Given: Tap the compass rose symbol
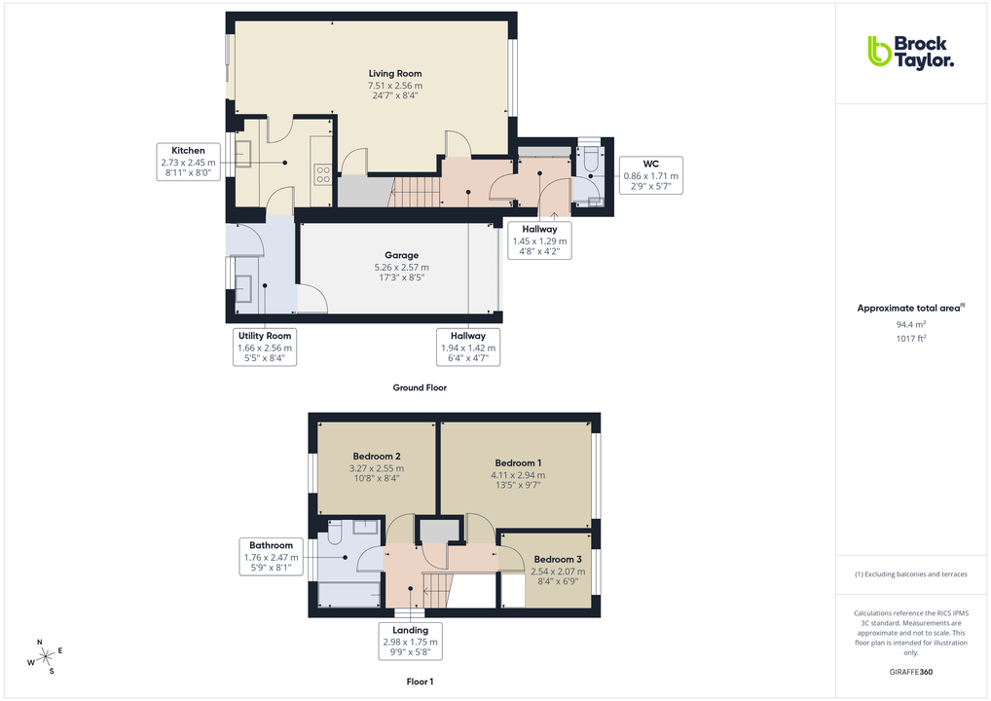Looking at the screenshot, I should pos(46,656).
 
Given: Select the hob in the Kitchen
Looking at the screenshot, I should pos(323,174).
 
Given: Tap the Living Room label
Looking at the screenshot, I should pos(395,73).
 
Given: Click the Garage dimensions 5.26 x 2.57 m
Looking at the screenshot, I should pos(401,267).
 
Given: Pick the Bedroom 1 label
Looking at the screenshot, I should pos(518,462).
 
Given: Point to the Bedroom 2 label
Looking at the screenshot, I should pos(377,456).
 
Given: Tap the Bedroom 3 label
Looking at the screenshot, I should pos(558,559).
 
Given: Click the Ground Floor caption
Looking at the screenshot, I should pos(420,387).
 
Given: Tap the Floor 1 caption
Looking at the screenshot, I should pos(420,683).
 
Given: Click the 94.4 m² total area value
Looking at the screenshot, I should pos(910,324).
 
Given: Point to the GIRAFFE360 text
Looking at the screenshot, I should pos(910,672).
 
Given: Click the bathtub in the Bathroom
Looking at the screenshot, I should pos(347,592).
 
